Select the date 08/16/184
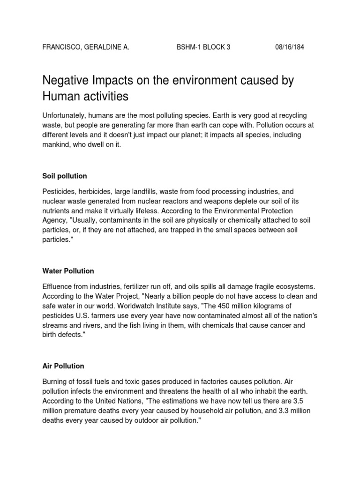click(289, 48)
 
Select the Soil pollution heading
click(65, 176)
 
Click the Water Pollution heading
click(68, 271)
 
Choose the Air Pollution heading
click(63, 366)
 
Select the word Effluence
click(59, 286)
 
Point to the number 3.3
click(275, 411)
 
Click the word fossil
click(90, 381)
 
